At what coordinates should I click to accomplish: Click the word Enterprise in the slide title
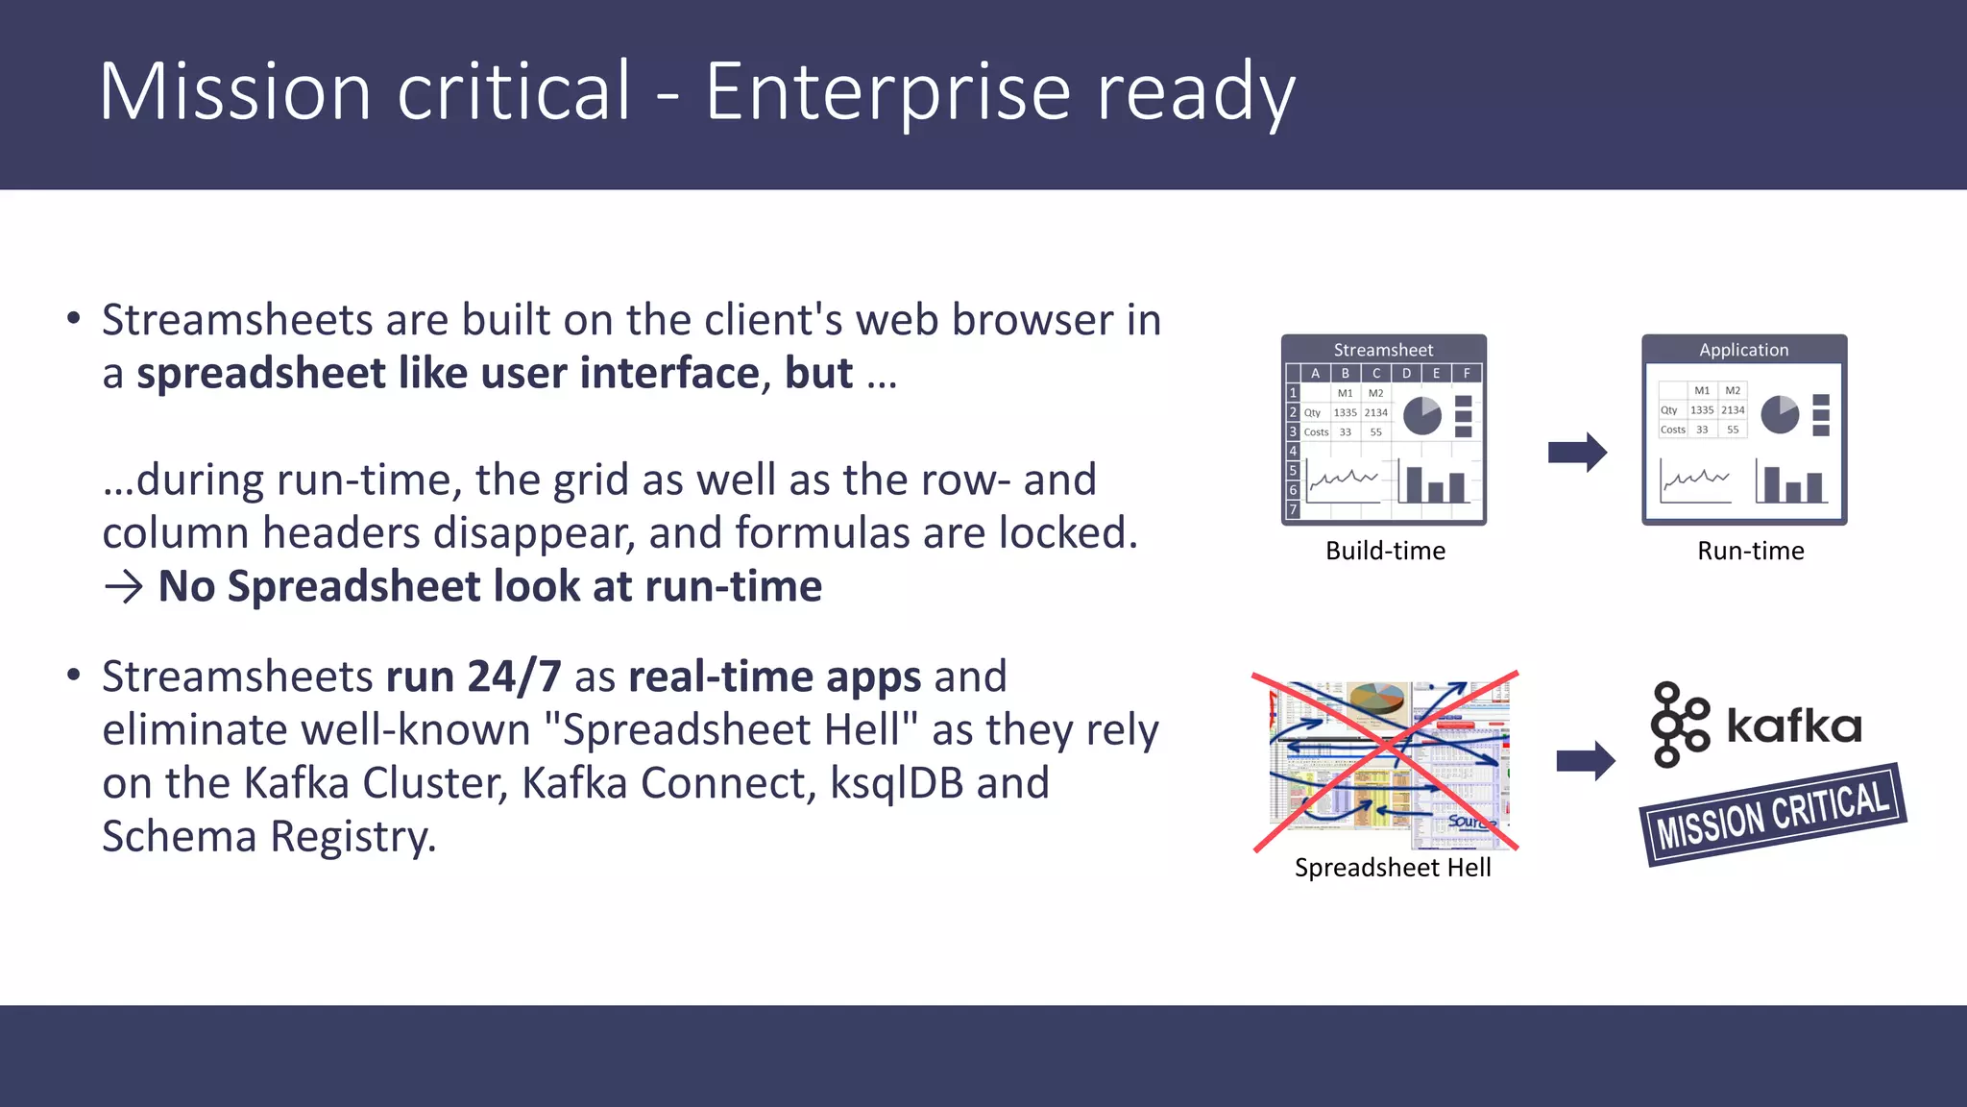(x=887, y=93)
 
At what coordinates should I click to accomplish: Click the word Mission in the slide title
(x=234, y=93)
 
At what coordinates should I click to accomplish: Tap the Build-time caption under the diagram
(x=1385, y=551)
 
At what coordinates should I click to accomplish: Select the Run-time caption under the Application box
(x=1750, y=551)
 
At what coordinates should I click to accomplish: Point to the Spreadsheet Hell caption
(x=1393, y=868)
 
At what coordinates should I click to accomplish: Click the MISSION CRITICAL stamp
(x=1773, y=814)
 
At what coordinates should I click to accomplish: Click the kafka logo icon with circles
(x=1678, y=725)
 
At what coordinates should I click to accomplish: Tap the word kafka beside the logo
(x=1793, y=726)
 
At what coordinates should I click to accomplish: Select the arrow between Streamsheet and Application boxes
(x=1577, y=452)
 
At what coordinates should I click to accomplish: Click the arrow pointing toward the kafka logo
(x=1586, y=761)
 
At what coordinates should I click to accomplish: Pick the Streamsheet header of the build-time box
(x=1383, y=350)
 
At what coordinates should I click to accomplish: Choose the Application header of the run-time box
(x=1743, y=350)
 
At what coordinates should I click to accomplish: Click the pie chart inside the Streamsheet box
(x=1421, y=416)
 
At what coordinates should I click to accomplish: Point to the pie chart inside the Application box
(x=1780, y=414)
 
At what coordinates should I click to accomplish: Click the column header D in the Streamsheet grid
(x=1406, y=373)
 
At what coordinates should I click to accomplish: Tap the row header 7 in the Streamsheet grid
(x=1293, y=509)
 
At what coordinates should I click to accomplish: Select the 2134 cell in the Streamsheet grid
(x=1375, y=412)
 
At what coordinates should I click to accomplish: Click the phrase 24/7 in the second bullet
(x=514, y=676)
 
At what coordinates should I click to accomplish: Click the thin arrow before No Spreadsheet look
(x=123, y=586)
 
